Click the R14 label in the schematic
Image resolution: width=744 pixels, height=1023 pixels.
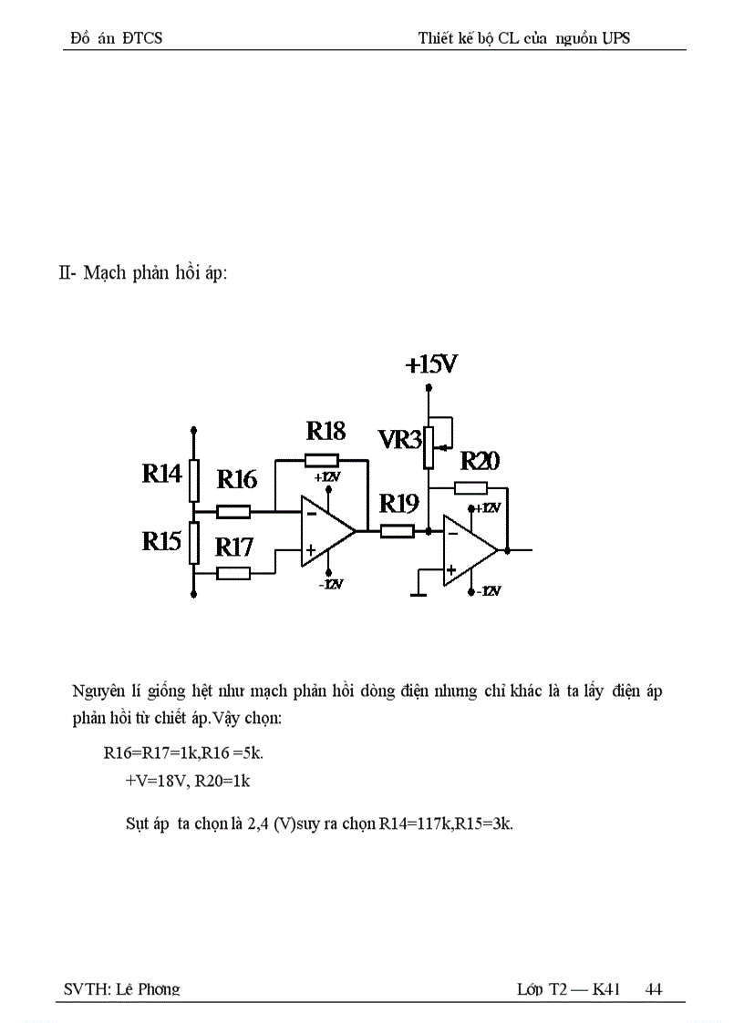(162, 474)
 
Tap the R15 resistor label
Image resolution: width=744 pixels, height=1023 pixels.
(162, 541)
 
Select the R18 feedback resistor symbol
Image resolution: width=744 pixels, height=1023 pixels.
(322, 460)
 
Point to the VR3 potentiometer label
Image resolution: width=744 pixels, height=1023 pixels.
(399, 441)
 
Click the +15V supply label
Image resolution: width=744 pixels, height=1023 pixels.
(431, 365)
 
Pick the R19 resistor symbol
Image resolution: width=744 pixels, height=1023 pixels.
(398, 530)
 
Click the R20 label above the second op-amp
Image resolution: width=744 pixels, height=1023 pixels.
(480, 461)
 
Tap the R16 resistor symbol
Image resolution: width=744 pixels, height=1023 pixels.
(234, 511)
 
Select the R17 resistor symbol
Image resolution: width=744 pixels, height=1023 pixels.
(234, 573)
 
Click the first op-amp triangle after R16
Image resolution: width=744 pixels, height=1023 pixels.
(326, 531)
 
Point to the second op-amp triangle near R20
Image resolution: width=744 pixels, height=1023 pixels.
(469, 550)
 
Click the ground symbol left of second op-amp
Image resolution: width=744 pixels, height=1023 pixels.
(418, 593)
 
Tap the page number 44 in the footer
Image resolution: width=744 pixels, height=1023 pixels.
(654, 989)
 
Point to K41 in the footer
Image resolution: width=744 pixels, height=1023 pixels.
(606, 989)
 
